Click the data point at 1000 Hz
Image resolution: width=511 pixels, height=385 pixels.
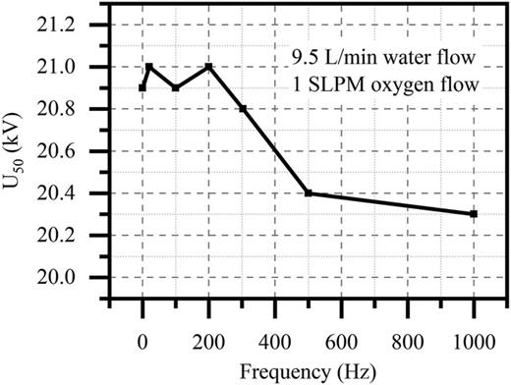point(474,213)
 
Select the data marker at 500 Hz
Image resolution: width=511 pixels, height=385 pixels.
point(309,192)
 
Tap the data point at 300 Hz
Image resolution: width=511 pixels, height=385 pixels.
point(243,109)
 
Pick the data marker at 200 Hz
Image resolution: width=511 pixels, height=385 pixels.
point(209,67)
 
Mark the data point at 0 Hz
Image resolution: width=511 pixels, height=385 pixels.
point(142,87)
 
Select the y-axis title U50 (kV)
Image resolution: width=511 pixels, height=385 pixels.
point(20,150)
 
